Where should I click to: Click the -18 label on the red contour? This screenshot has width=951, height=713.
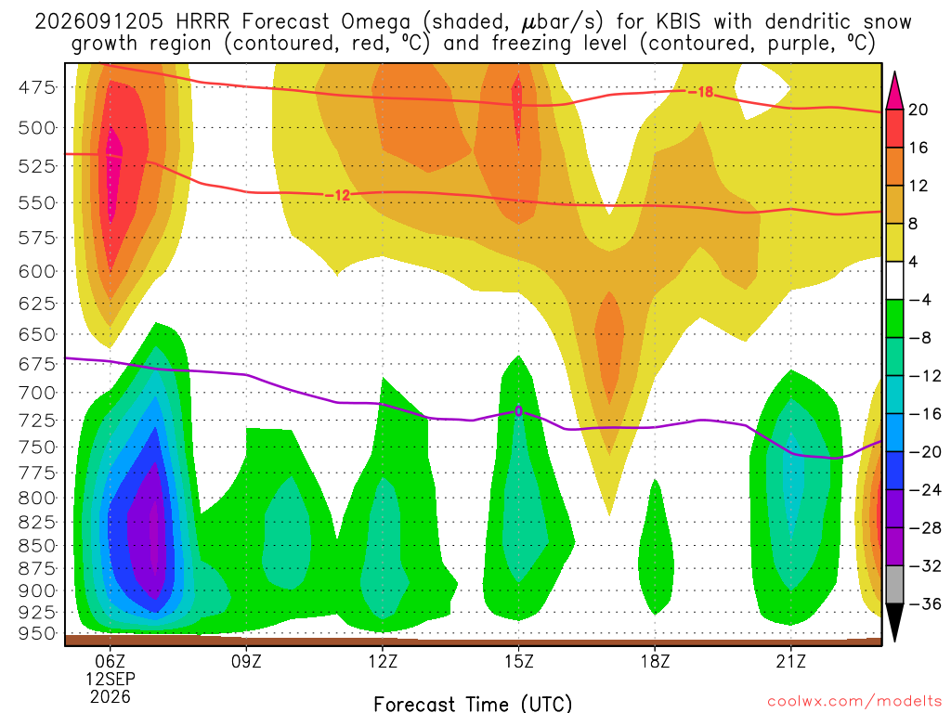pos(700,92)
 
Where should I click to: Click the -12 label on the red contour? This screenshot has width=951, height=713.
pos(337,195)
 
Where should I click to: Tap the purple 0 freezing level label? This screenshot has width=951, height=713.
pos(518,411)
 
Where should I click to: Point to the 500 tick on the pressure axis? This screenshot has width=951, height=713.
pos(37,128)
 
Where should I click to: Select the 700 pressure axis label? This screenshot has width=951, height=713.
pos(37,393)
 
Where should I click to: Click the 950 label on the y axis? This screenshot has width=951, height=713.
pos(37,633)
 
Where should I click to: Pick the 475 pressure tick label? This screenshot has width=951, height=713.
pos(37,88)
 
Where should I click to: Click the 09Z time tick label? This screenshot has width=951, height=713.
pos(246,661)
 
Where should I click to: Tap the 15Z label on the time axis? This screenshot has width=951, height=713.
pos(518,661)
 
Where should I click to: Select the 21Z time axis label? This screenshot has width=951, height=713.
pos(791,661)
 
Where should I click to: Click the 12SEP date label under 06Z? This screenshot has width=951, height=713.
pos(111,679)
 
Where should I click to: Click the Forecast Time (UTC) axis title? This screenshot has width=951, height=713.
pos(473,704)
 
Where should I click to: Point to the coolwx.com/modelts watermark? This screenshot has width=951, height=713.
pos(854,702)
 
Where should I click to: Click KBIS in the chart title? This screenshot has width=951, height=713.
pos(678,22)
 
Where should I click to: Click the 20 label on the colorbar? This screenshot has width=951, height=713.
pos(918,110)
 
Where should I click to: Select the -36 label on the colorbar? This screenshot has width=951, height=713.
pos(921,603)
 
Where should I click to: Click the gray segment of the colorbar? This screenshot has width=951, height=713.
pos(894,585)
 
